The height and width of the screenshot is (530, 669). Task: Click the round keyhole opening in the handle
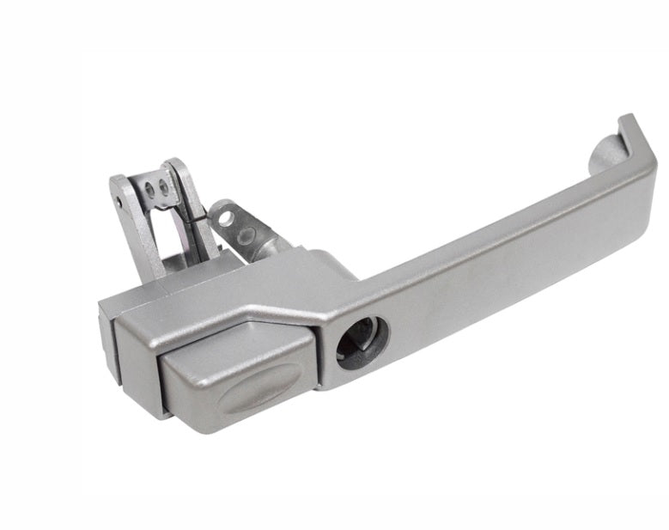362,342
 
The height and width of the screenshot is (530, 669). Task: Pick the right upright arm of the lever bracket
193,206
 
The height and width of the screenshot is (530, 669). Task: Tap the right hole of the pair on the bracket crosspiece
162,187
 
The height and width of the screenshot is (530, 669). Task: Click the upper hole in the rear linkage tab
225,217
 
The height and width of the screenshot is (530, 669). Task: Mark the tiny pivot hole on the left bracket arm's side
119,203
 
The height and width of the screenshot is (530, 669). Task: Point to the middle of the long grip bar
498,249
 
